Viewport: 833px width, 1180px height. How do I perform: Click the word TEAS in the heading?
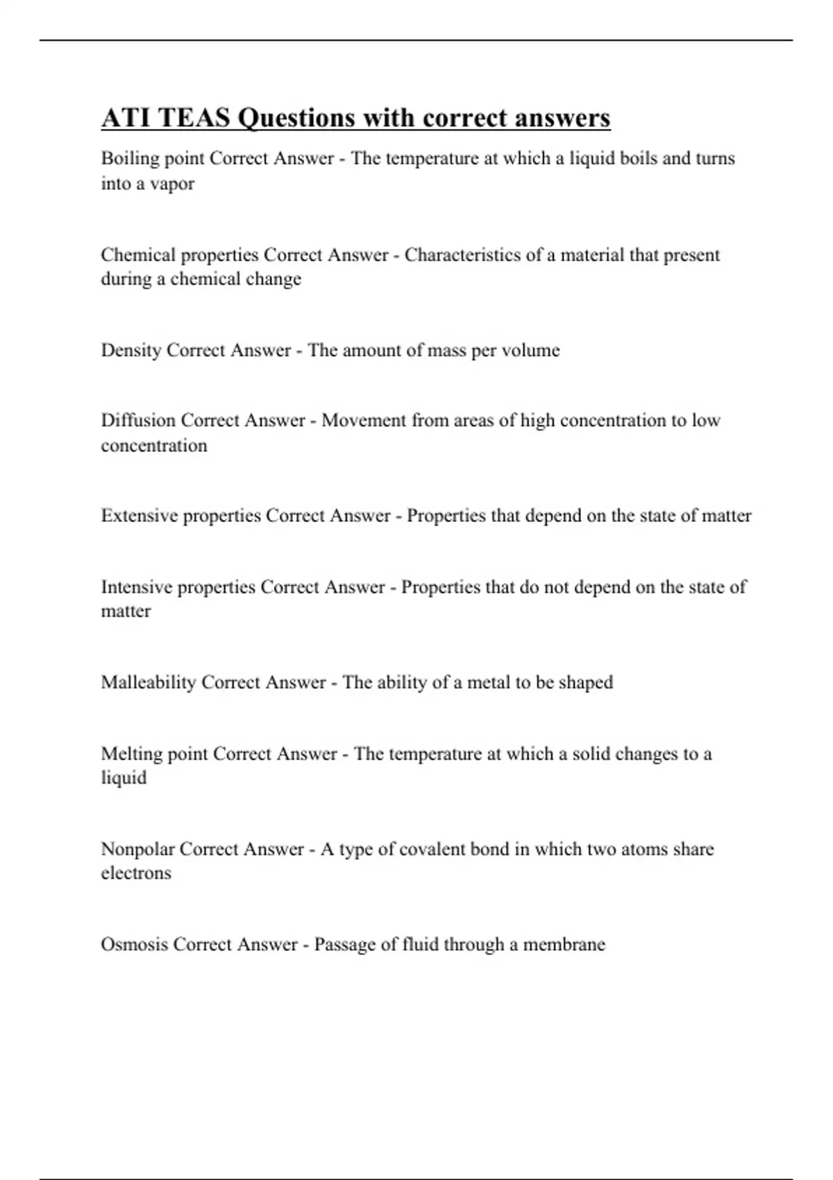pyautogui.click(x=194, y=118)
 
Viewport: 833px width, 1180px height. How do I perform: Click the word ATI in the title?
pyautogui.click(x=126, y=118)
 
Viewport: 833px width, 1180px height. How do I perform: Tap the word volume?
pyautogui.click(x=530, y=350)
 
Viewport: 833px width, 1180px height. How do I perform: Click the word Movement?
pyautogui.click(x=364, y=420)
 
